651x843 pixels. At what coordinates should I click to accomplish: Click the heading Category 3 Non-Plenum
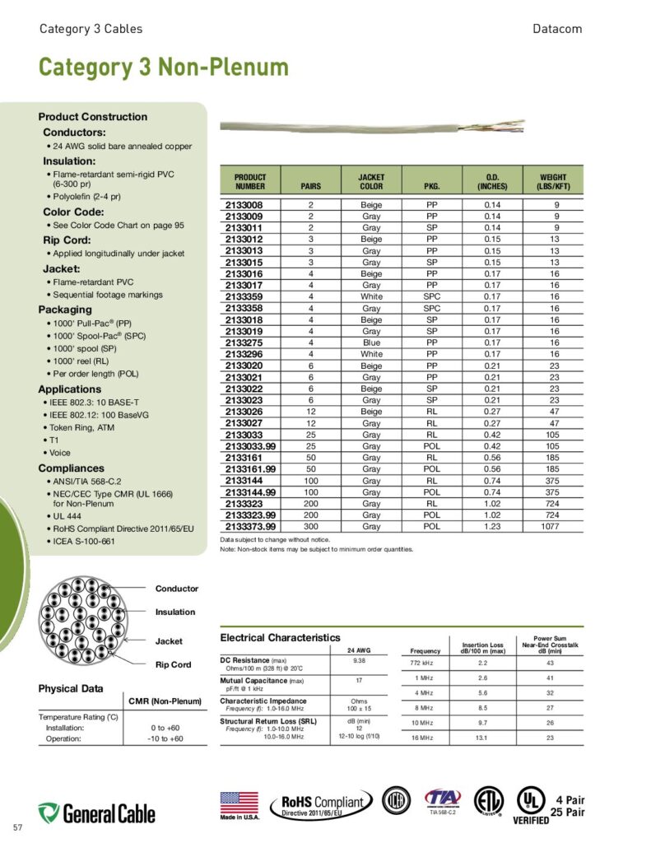pos(163,68)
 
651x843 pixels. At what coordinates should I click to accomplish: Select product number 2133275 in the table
pos(244,342)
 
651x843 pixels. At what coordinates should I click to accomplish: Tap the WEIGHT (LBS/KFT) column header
pos(553,182)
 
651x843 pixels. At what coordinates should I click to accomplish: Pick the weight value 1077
pos(556,526)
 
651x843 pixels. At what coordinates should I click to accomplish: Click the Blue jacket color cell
pos(371,342)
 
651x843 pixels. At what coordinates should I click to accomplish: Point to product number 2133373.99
pos(250,526)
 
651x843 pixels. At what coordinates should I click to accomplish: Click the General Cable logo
pos(96,813)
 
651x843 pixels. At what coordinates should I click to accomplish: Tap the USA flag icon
pos(239,803)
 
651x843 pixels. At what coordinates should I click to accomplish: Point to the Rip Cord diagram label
pos(173,664)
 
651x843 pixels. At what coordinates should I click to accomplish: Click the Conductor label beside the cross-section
pos(177,589)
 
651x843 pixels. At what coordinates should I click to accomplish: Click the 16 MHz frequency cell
pos(422,738)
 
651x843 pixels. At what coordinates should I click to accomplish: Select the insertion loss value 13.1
pos(482,738)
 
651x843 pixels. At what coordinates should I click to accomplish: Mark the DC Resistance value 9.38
pos(359,661)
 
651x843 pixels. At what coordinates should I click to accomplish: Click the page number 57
pos(18,826)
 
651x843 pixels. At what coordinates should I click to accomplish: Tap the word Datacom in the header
pos(557,29)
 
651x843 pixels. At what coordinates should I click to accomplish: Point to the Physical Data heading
pos(71,688)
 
